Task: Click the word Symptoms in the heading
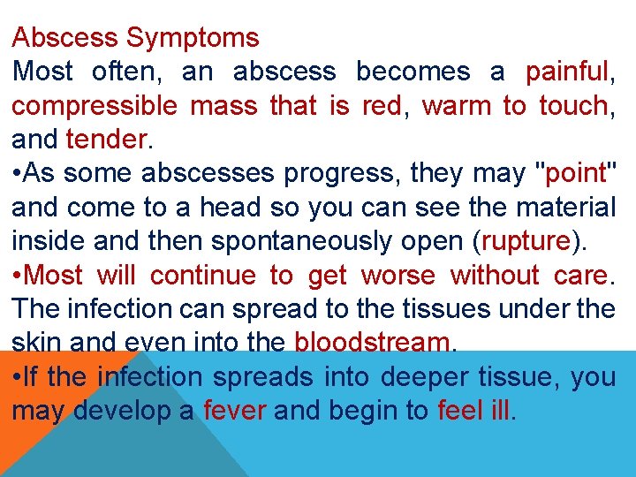point(193,39)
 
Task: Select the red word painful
point(565,72)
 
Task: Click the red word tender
point(103,140)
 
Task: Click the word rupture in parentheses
point(526,242)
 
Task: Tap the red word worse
point(397,276)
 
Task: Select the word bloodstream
point(372,344)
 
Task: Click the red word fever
point(234,412)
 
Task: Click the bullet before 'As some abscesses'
point(18,174)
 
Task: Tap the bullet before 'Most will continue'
point(18,276)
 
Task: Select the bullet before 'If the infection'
point(18,378)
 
